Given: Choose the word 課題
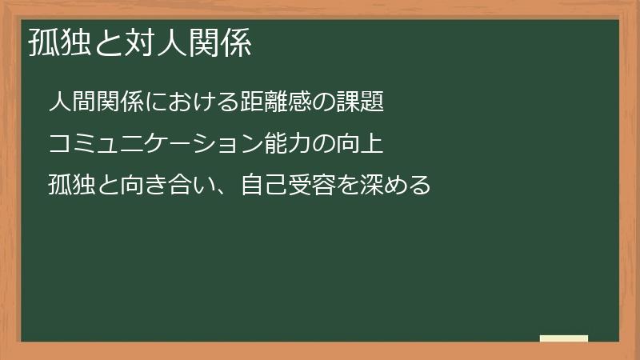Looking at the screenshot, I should click(366, 102).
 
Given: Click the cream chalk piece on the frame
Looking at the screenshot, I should click(563, 338).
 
